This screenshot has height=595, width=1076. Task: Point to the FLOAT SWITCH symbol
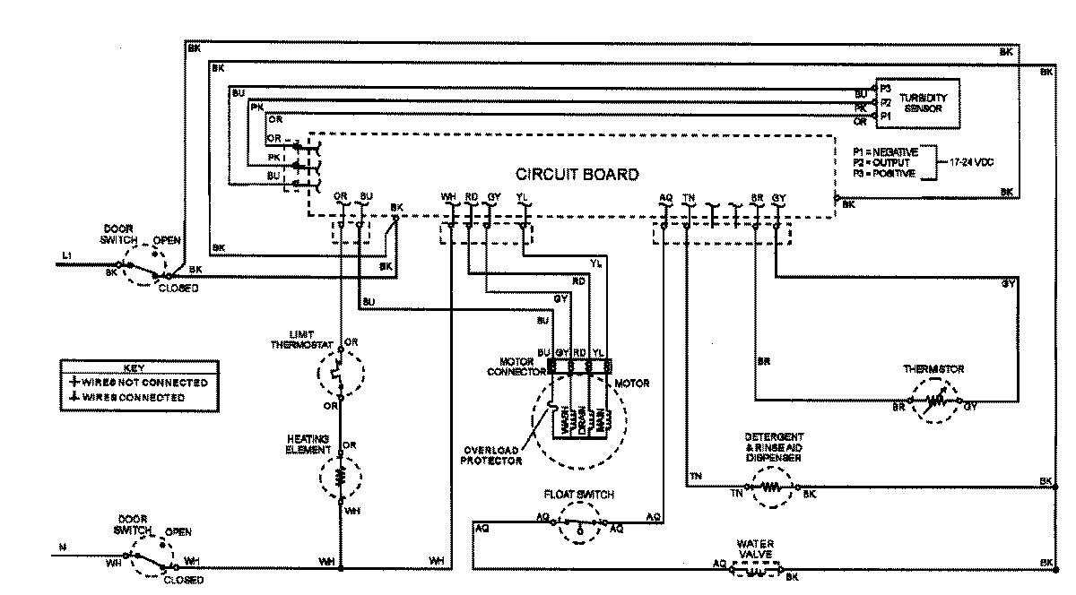[581, 522]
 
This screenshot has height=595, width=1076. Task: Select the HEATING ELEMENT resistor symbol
[341, 477]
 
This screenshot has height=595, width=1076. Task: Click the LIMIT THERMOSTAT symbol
[341, 372]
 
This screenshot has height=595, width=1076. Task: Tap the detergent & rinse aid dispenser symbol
[771, 489]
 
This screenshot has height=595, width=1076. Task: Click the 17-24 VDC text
[969, 162]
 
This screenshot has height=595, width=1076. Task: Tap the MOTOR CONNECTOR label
[510, 366]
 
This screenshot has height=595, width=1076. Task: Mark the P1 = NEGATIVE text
[885, 152]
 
